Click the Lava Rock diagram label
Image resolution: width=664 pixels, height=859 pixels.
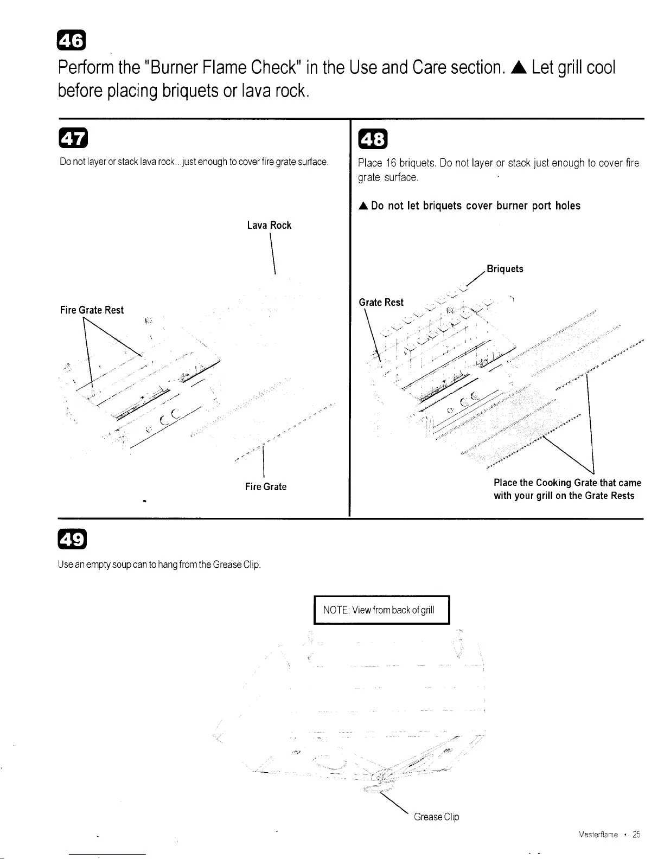(x=269, y=225)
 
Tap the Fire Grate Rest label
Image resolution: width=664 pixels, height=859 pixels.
(x=92, y=310)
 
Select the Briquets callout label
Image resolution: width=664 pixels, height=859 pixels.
(x=505, y=269)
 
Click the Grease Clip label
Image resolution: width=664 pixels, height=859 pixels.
(x=436, y=817)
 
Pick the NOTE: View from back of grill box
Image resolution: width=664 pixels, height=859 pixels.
(x=382, y=610)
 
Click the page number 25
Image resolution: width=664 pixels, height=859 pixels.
(x=636, y=835)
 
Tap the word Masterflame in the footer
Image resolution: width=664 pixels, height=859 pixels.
(x=598, y=835)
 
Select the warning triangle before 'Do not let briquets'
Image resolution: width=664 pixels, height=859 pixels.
(x=363, y=206)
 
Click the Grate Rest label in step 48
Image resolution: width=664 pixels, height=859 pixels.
(x=381, y=302)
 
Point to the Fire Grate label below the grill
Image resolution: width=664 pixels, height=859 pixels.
(x=265, y=486)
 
